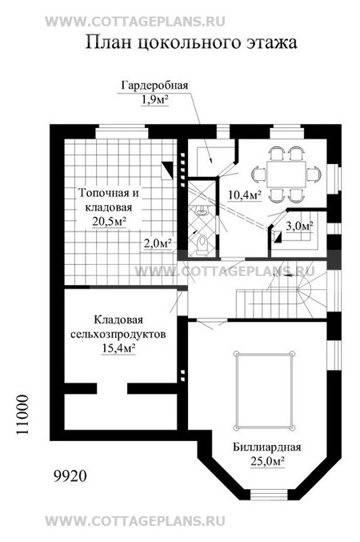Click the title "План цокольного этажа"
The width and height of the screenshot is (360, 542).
191,43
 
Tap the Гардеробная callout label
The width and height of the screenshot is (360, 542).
154,86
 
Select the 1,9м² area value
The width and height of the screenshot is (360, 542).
154,100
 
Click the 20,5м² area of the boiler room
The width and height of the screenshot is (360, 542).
109,222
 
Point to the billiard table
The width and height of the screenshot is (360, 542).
264,391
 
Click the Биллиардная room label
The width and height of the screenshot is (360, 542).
266,447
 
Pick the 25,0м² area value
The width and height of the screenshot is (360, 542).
267,461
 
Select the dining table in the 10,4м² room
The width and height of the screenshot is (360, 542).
286,175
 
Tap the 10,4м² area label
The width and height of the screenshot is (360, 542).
244,195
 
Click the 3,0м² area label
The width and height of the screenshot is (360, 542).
299,227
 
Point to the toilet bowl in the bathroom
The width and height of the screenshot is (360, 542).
202,243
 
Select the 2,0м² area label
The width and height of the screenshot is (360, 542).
158,243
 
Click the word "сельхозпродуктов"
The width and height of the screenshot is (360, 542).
118,335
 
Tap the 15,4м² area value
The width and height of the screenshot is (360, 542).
118,349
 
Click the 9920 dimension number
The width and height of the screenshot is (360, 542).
70,476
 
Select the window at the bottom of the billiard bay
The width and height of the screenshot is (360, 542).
269,495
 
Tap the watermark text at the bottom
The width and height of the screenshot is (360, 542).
135,521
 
